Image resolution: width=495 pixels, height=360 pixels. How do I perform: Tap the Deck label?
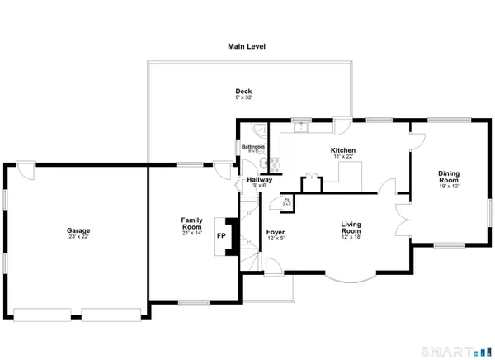point(243,92)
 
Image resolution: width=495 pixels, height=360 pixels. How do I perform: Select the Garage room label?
point(78,230)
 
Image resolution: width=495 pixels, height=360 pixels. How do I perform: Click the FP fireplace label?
point(221,236)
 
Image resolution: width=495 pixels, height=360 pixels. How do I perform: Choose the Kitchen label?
point(343,150)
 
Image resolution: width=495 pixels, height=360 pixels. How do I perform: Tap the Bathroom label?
point(253,146)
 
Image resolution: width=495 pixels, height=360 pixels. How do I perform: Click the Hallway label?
point(260,179)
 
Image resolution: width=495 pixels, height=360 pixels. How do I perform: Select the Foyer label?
point(276,232)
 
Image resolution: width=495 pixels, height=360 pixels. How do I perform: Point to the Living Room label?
point(353,227)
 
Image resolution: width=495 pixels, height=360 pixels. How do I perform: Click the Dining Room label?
point(448,176)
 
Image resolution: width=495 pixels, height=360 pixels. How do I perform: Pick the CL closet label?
point(287,200)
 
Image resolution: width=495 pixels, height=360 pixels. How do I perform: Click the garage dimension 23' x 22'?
point(78,237)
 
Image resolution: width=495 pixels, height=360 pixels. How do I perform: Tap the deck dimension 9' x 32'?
point(243,98)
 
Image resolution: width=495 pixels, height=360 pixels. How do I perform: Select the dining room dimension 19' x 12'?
point(448,187)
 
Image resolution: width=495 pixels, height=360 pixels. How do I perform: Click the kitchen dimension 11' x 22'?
point(343,157)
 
